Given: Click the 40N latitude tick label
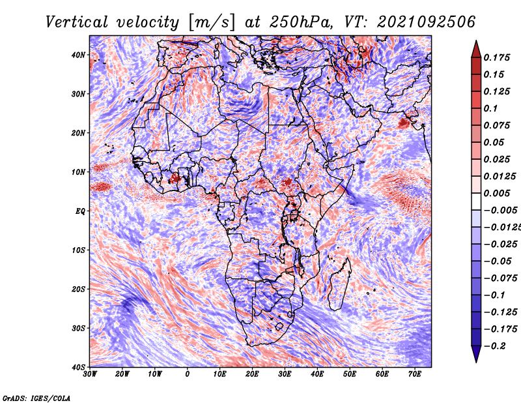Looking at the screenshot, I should point(79,55).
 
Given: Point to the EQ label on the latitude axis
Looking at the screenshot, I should point(80,211).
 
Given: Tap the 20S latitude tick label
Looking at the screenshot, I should point(79,289).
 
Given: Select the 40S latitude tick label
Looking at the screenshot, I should point(79,366).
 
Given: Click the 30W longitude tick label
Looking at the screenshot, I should point(90,374).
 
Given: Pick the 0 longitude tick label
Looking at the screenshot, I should point(188,374).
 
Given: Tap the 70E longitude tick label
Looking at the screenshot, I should point(415,374).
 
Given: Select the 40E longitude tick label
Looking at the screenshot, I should point(317,374).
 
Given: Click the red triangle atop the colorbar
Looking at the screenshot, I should point(476,48).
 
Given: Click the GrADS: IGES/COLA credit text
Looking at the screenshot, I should point(36,397).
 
